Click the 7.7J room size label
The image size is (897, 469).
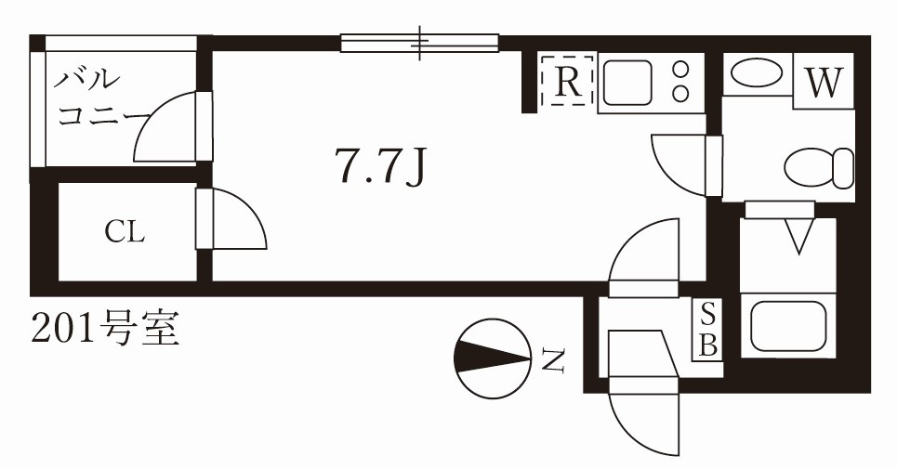pos(381,166)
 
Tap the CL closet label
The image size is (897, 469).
pos(125,232)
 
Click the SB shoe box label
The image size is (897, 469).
pos(708,330)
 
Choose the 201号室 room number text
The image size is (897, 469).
pos(105,329)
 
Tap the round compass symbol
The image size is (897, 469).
pos(493,358)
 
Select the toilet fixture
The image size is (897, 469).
pos(819,168)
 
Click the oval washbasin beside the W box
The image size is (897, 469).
pos(758,73)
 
